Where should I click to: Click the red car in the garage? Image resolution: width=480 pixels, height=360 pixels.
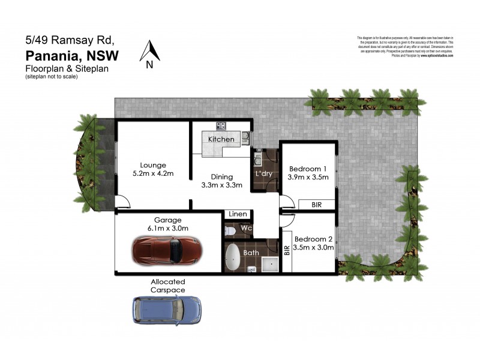167,250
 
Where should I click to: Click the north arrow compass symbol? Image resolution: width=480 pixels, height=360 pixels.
149,52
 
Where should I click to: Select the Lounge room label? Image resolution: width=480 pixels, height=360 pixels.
153,165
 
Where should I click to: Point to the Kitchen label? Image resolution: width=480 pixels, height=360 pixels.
221,139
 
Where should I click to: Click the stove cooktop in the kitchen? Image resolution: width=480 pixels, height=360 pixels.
221,126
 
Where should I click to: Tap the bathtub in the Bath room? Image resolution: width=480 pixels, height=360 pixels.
233,259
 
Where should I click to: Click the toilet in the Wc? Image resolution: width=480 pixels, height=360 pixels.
231,231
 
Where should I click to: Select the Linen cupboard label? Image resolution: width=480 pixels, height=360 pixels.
236,214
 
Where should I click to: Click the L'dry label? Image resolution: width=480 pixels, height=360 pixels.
265,173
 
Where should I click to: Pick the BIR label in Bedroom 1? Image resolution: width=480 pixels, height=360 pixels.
316,205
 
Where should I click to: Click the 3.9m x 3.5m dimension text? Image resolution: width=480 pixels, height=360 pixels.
308,178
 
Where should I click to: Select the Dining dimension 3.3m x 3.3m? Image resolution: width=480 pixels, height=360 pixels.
221,185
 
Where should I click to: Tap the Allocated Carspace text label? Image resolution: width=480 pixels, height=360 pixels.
167,286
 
